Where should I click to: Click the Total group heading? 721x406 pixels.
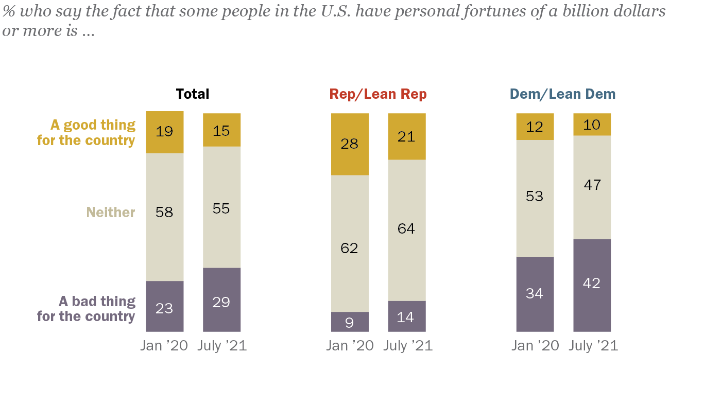(x=193, y=94)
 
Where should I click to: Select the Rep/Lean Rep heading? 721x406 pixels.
(x=378, y=94)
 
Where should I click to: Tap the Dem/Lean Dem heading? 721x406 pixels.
(x=562, y=94)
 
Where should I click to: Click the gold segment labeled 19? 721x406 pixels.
(x=165, y=132)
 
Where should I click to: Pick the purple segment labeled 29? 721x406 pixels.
(x=221, y=299)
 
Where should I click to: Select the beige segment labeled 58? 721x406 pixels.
(x=165, y=217)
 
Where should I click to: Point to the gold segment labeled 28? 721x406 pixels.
(x=350, y=144)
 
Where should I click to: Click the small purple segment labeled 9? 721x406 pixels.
(x=350, y=322)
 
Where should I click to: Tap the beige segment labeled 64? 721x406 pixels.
(x=406, y=230)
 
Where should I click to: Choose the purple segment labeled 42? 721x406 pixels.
(x=592, y=285)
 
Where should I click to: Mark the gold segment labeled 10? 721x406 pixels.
(x=592, y=125)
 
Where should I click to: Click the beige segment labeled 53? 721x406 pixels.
(x=535, y=198)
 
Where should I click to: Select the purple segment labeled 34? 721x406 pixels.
(x=535, y=294)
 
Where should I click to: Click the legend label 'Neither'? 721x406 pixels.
(x=111, y=213)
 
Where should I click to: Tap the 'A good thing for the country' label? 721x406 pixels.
(x=87, y=133)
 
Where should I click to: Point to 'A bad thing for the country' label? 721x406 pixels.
(x=87, y=309)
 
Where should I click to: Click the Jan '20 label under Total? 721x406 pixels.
(x=165, y=346)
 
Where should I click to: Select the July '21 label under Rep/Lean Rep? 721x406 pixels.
(x=408, y=346)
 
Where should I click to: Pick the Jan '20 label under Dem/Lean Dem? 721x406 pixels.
(x=535, y=346)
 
